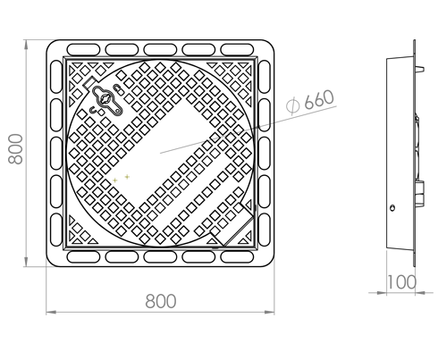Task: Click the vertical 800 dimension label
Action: click(x=15, y=149)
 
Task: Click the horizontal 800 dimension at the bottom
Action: click(x=161, y=301)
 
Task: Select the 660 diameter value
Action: click(x=319, y=99)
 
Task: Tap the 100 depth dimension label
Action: click(x=401, y=282)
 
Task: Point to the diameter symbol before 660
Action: click(x=292, y=105)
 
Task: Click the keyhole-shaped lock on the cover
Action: click(x=107, y=100)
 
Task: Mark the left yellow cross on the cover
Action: click(x=114, y=180)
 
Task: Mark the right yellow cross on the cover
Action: click(x=127, y=177)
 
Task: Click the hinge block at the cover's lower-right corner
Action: click(x=232, y=225)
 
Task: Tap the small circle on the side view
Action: click(x=392, y=208)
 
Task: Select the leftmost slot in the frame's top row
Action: click(x=83, y=49)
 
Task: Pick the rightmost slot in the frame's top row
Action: click(x=237, y=49)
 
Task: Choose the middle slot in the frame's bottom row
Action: click(x=160, y=257)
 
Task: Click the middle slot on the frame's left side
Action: click(x=56, y=154)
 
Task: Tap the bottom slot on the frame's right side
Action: click(x=265, y=230)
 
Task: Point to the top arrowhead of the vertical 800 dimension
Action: click(x=26, y=44)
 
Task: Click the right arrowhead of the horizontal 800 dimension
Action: click(x=269, y=312)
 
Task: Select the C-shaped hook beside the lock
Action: click(x=93, y=111)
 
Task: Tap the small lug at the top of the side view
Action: click(x=419, y=69)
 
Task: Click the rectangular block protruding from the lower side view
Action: click(x=419, y=194)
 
